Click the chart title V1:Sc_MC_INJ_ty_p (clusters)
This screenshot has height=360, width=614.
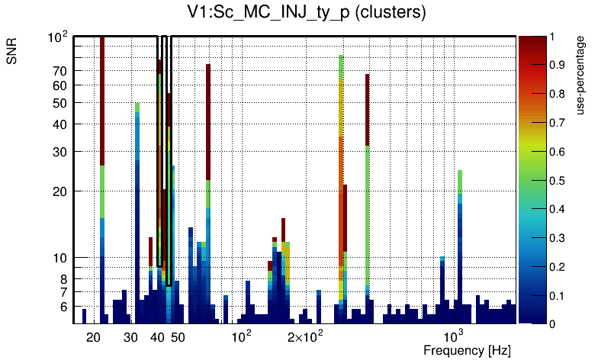[307, 12]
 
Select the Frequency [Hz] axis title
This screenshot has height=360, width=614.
[467, 350]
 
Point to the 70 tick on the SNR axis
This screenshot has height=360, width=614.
[60, 71]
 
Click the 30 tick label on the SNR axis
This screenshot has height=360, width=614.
[60, 152]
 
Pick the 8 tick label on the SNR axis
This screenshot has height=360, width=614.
[64, 279]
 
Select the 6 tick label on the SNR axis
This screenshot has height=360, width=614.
[64, 307]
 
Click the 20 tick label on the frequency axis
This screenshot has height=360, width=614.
[94, 337]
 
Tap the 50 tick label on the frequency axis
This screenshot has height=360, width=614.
[177, 337]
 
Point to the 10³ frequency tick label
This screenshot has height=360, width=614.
[454, 336]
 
